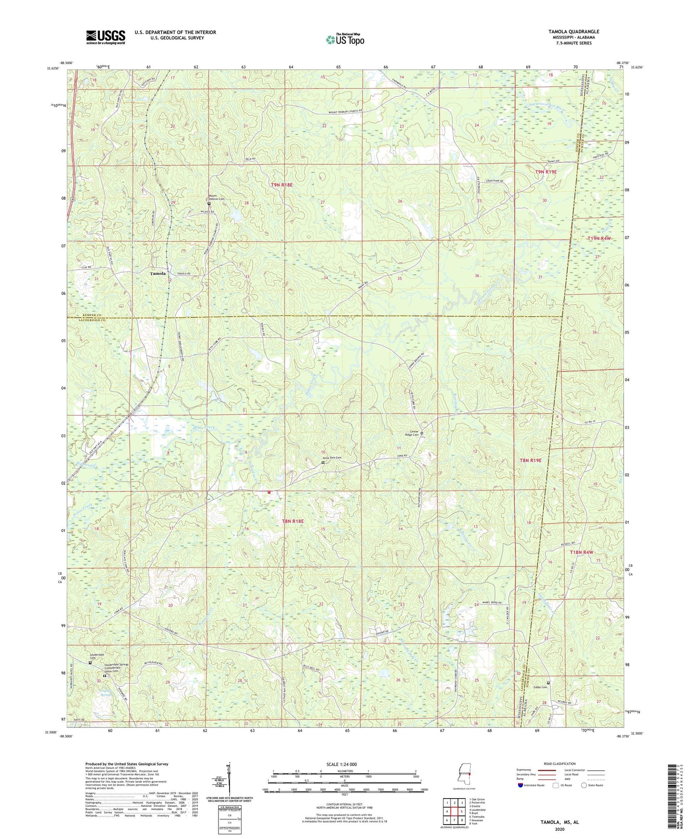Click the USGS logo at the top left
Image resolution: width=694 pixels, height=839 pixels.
[x=105, y=37]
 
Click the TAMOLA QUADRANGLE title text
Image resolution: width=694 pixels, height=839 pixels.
[x=573, y=32]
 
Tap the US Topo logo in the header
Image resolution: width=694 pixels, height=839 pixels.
[x=344, y=39]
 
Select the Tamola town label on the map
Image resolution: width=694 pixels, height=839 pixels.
[x=158, y=273]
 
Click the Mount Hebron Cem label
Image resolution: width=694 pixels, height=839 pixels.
[x=216, y=197]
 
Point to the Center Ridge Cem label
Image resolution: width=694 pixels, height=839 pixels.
[x=411, y=432]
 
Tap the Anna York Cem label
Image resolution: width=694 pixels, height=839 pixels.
[x=331, y=458]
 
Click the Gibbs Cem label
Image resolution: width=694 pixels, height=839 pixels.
[x=540, y=687]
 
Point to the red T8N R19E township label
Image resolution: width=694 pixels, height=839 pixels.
[x=531, y=460]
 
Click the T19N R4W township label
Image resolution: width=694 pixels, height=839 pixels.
[x=599, y=238]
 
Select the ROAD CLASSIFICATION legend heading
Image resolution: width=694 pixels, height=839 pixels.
[x=559, y=764]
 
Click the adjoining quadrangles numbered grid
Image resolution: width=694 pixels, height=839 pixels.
[x=454, y=812]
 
